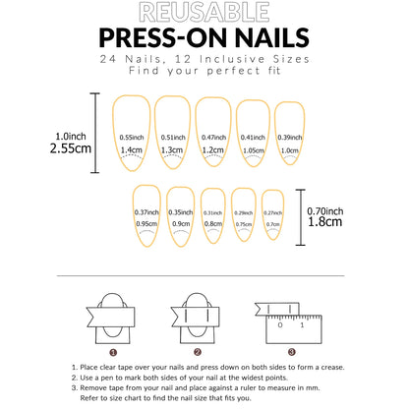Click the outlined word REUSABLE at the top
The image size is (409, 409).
click(204, 13)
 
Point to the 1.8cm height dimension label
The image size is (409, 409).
click(323, 221)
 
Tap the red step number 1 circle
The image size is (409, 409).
click(113, 351)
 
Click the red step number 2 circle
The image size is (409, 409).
click(198, 351)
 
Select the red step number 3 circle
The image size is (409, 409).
click(290, 351)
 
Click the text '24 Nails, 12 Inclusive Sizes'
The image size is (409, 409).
click(204, 60)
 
